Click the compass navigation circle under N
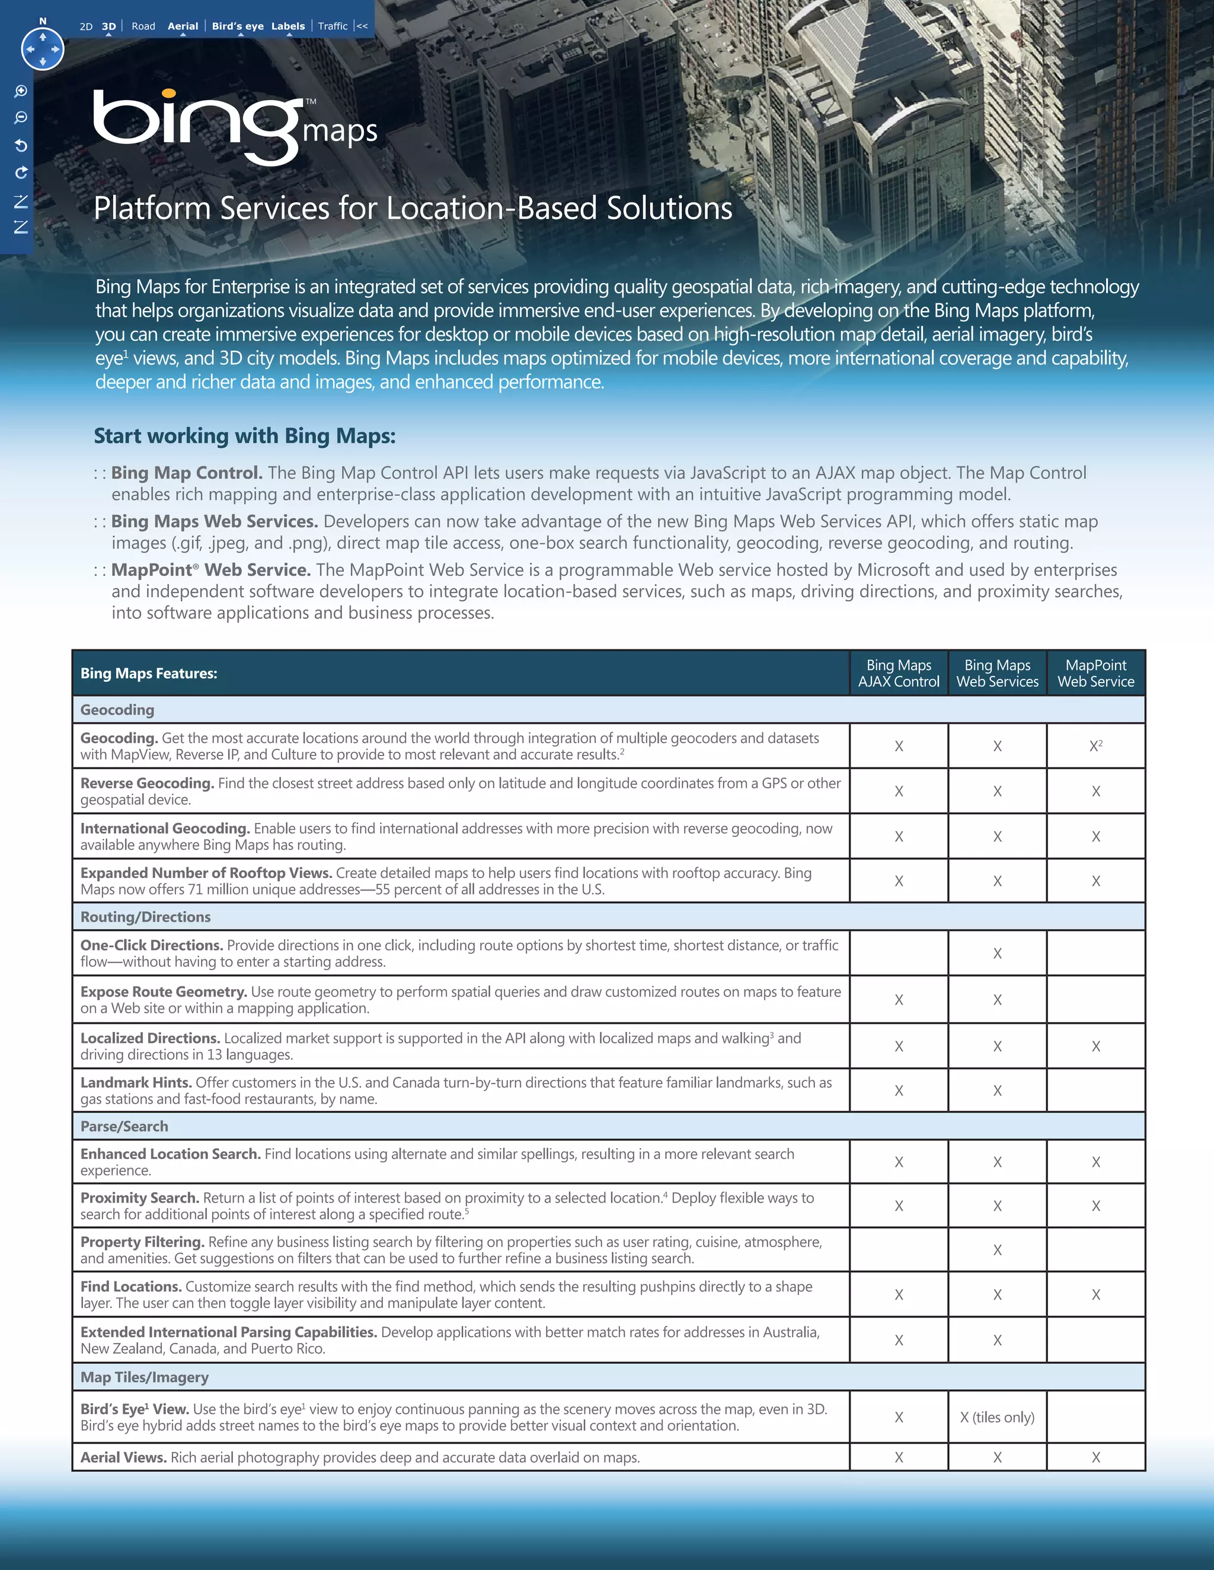(x=43, y=49)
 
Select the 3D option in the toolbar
(x=108, y=27)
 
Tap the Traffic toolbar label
(x=333, y=27)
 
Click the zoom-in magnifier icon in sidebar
(x=21, y=91)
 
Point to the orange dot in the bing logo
(x=170, y=94)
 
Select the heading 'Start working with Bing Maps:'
(x=245, y=435)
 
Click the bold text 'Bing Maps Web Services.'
(x=215, y=521)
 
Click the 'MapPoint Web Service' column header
(x=1095, y=674)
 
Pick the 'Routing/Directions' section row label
(x=145, y=917)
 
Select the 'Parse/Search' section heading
(x=124, y=1126)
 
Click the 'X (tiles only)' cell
(x=997, y=1418)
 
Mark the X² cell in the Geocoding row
(x=1095, y=746)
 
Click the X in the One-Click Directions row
(x=997, y=954)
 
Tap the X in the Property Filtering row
(x=997, y=1250)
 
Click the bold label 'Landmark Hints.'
(x=136, y=1082)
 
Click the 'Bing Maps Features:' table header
(x=149, y=674)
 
